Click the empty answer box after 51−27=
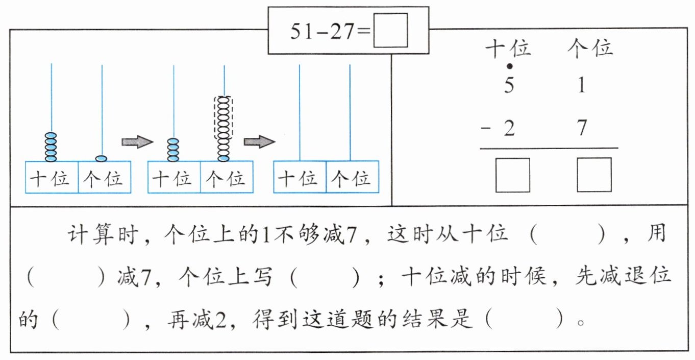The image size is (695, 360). point(390,31)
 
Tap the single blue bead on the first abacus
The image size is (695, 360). point(102,158)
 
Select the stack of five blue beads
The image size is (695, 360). point(51,147)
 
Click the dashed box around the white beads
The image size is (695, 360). point(224,117)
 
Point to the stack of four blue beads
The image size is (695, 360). point(173,150)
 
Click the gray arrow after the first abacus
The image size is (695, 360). point(137,142)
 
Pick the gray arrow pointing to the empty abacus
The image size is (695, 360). point(259,142)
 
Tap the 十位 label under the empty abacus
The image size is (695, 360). point(300,178)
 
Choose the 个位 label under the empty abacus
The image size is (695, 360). point(352,178)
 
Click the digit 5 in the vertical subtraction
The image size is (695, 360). point(509,85)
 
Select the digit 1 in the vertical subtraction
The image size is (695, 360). point(582,85)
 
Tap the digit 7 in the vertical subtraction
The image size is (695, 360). point(582,128)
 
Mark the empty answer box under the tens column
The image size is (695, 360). point(513,175)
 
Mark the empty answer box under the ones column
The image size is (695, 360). point(594,175)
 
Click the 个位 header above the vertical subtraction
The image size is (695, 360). point(590,49)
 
